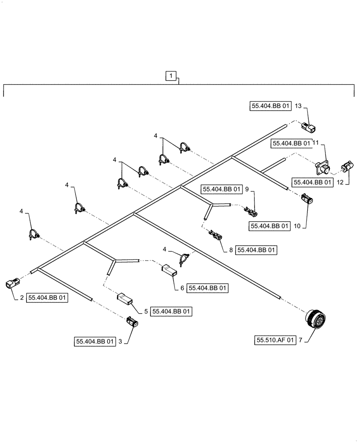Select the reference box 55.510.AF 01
[275, 341]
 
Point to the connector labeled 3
[132, 322]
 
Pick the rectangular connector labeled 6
[169, 269]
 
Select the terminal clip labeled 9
[250, 211]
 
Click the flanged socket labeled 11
[324, 169]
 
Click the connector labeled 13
[308, 127]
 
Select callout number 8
[231, 250]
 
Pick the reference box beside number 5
[172, 311]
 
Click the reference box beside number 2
[48, 299]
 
